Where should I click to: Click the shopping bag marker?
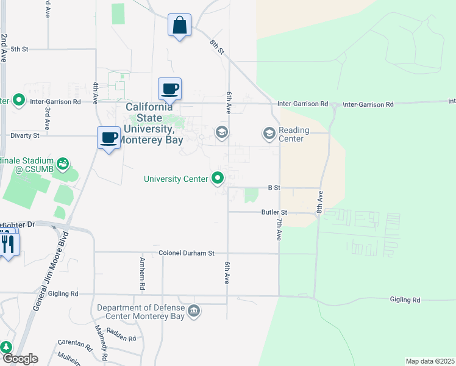(x=180, y=26)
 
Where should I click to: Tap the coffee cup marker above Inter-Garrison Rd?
(x=169, y=89)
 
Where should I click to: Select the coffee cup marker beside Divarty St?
(x=109, y=138)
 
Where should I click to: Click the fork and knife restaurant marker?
(x=8, y=245)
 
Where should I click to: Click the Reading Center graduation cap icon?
(x=269, y=132)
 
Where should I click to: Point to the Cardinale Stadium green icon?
(x=62, y=163)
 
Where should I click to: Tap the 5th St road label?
(x=20, y=49)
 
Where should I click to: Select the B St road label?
(x=274, y=188)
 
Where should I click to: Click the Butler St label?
(x=274, y=212)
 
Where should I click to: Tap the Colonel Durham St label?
(x=187, y=253)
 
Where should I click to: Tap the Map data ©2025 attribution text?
(x=430, y=361)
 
